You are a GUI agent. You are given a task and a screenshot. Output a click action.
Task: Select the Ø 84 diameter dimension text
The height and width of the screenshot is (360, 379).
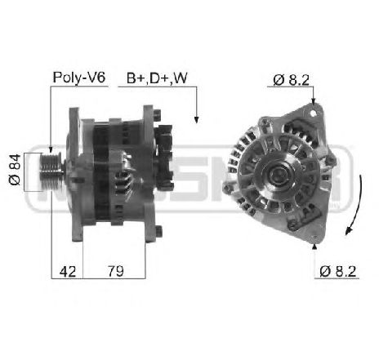14,172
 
